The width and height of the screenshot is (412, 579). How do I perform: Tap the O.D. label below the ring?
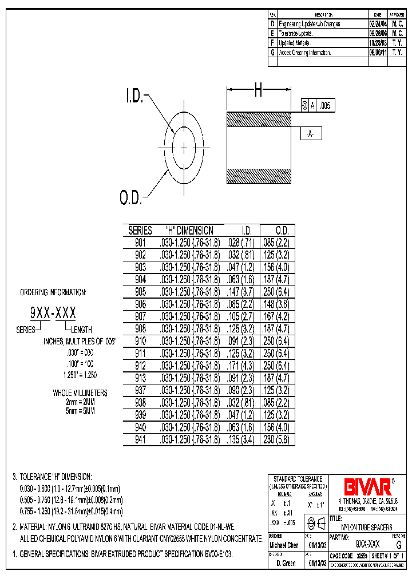pos(130,198)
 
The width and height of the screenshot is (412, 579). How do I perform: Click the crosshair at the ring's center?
pos(184,148)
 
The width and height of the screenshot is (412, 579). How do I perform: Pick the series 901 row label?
pos(140,242)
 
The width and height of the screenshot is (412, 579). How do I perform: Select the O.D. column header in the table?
pos(278,231)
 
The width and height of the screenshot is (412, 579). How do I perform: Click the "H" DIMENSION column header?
pos(189,231)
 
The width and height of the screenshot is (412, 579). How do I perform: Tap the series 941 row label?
pos(140,441)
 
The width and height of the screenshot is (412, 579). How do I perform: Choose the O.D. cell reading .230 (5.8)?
pos(278,441)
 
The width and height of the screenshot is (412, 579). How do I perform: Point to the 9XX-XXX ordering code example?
pos(53,313)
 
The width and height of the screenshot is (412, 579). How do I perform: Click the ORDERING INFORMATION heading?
pos(53,292)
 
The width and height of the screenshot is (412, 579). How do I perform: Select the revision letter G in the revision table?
pos(272,52)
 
